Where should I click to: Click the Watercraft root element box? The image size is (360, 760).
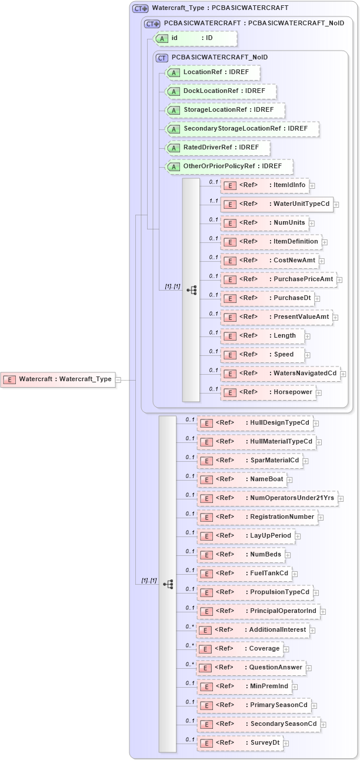[58, 379]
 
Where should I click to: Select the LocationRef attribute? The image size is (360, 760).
[213, 72]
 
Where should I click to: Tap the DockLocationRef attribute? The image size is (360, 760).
[221, 91]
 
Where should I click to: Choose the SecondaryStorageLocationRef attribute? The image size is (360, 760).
[242, 129]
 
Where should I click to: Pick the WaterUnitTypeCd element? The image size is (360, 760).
[276, 204]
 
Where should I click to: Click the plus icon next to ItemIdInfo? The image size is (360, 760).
[312, 186]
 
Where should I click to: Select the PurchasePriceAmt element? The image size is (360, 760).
[279, 279]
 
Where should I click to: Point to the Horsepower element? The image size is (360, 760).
[268, 392]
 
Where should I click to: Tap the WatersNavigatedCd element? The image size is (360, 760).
[280, 374]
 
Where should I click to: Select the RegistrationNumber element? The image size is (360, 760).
[258, 517]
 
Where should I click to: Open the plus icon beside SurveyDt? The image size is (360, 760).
[286, 744]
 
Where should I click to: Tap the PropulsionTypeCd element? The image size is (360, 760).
[255, 592]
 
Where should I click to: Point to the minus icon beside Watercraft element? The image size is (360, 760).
[118, 380]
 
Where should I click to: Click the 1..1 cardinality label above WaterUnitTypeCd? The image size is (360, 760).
[214, 201]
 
